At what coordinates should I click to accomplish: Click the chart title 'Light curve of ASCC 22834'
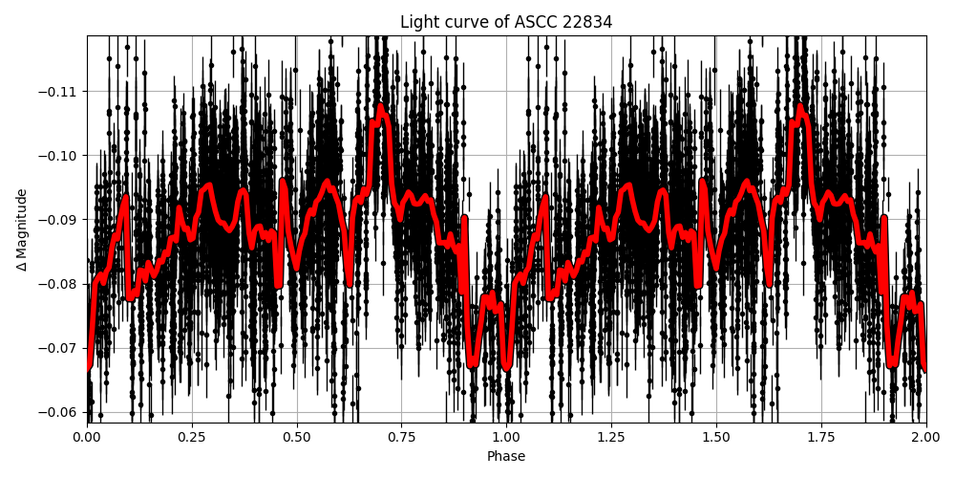pyautogui.click(x=506, y=22)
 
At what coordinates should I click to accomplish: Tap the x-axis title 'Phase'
pyautogui.click(x=506, y=457)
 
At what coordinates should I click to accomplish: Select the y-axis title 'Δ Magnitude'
pyautogui.click(x=22, y=229)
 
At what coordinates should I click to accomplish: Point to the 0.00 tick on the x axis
pyautogui.click(x=87, y=437)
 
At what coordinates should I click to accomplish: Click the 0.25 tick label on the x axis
pyautogui.click(x=192, y=437)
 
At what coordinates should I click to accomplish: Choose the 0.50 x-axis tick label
pyautogui.click(x=297, y=437)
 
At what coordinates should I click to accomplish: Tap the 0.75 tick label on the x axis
pyautogui.click(x=401, y=437)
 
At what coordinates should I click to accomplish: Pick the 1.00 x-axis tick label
pyautogui.click(x=506, y=437)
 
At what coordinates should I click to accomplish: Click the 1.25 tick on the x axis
pyautogui.click(x=611, y=437)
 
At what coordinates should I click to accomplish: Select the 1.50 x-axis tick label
pyautogui.click(x=716, y=437)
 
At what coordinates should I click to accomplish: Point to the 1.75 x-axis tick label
pyautogui.click(x=820, y=437)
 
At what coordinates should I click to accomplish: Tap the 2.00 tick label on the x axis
pyautogui.click(x=925, y=437)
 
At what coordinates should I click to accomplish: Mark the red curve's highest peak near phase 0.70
pyautogui.click(x=381, y=107)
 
